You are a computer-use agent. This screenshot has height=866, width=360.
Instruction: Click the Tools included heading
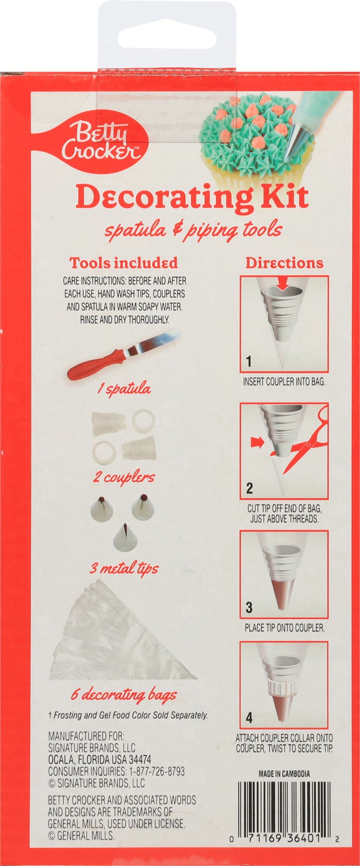(124, 263)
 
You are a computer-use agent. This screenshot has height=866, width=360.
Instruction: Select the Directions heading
(284, 263)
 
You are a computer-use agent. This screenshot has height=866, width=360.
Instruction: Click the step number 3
(249, 608)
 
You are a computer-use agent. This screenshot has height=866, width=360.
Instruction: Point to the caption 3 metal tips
(124, 568)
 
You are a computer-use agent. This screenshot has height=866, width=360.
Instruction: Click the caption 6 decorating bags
(123, 695)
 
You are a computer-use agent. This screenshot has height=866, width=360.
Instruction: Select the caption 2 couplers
(124, 477)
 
